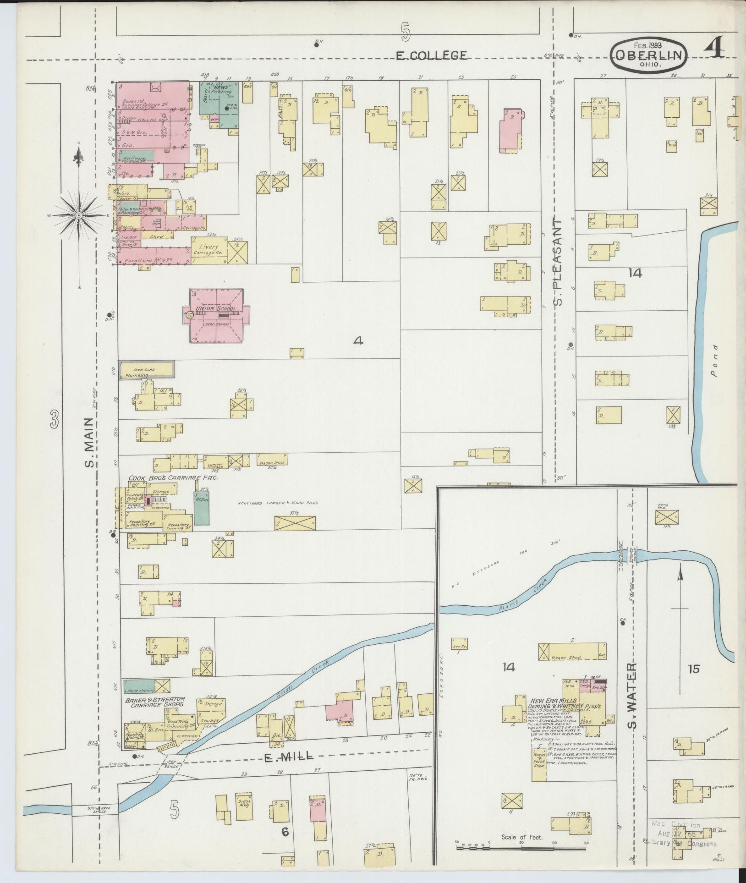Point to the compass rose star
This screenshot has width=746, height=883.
[78, 214]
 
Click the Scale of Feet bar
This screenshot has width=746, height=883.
[521, 849]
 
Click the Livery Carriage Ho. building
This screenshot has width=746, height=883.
[209, 250]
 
